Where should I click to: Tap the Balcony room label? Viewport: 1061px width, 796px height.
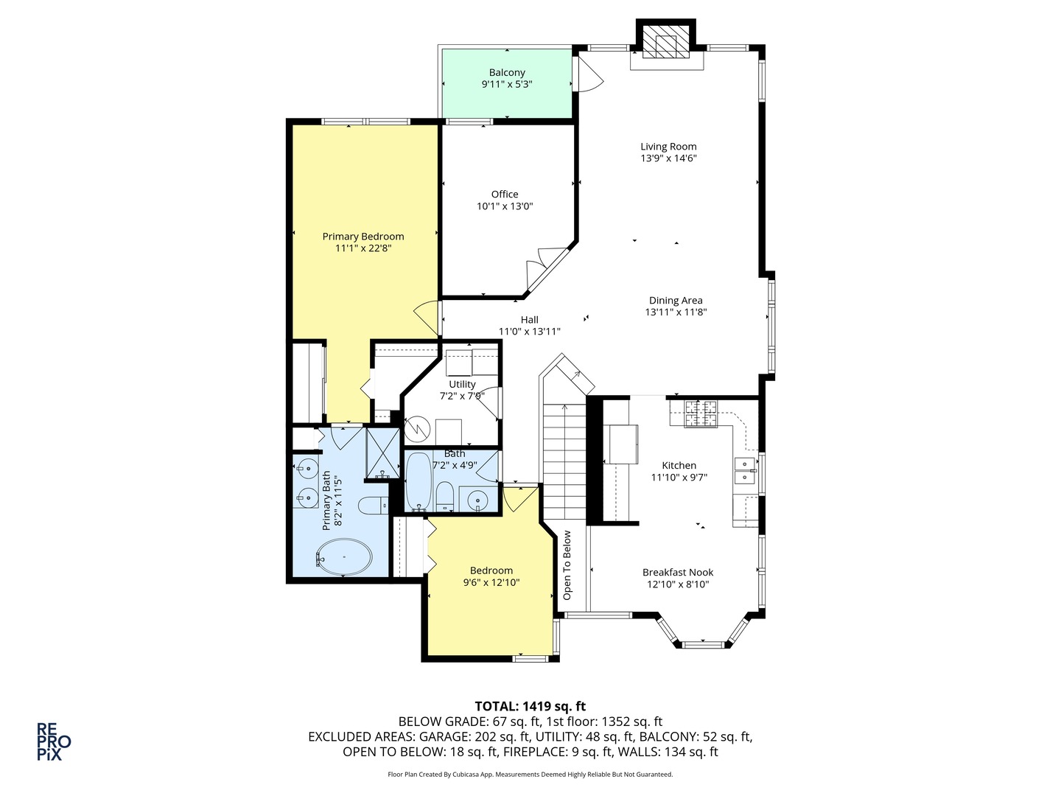[507, 72]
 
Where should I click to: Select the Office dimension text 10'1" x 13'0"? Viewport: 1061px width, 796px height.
[505, 206]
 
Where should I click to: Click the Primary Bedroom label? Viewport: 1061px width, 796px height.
[363, 237]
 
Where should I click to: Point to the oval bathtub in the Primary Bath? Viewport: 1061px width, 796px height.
[343, 557]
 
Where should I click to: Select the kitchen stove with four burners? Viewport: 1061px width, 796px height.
[701, 413]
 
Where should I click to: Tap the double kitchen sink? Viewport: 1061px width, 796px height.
[745, 470]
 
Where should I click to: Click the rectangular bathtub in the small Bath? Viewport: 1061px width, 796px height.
[419, 481]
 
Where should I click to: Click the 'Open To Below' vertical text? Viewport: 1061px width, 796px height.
[567, 565]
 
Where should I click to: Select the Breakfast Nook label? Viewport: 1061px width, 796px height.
[678, 573]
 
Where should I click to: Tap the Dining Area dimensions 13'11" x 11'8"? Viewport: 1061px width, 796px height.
[676, 312]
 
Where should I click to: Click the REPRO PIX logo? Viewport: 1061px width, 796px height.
[54, 741]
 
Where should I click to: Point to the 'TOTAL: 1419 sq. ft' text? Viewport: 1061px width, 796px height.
[530, 706]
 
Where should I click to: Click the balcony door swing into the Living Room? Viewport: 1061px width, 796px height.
[589, 74]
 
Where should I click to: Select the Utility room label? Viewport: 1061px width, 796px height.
[462, 384]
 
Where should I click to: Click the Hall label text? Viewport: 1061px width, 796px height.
[529, 320]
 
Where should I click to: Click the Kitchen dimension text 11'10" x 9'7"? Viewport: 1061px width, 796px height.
[679, 478]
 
